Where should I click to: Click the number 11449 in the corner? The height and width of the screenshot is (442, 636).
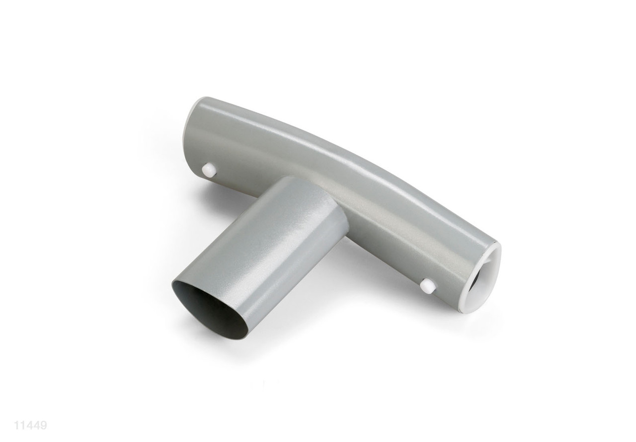pos(30,425)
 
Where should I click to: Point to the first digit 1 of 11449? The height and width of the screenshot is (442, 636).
pos(16,425)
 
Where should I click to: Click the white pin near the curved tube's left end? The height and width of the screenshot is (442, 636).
pos(209,170)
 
